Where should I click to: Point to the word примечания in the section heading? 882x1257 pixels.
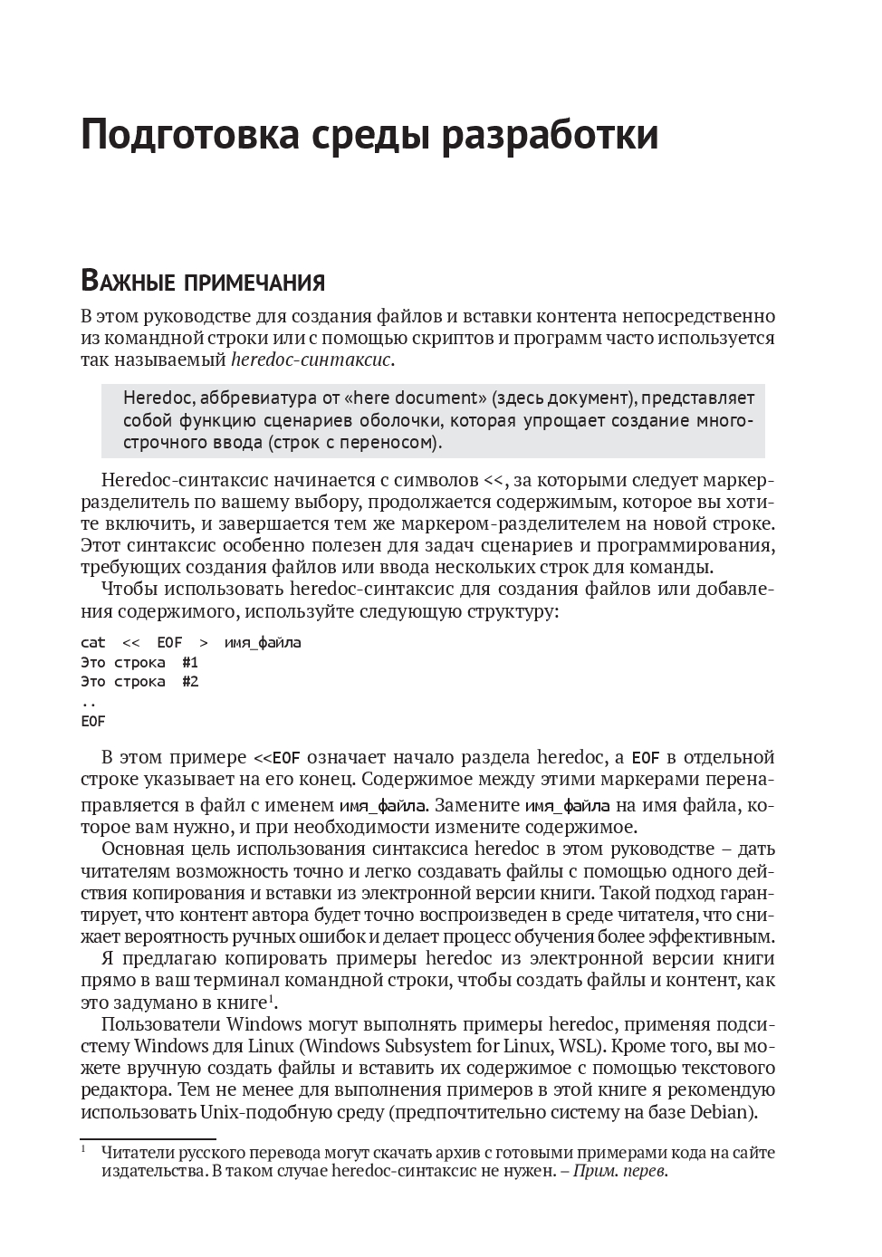tap(254, 283)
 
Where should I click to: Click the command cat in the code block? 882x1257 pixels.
tap(92, 642)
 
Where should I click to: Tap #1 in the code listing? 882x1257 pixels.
tap(189, 662)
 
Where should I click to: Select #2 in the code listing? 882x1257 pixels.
tap(189, 681)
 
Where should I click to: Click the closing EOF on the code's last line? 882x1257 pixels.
tap(92, 722)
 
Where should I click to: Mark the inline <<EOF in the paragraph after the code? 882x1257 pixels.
tap(276, 757)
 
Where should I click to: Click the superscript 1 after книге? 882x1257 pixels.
tap(271, 997)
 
